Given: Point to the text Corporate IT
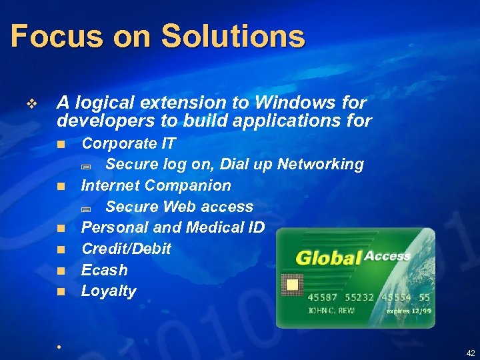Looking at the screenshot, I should tap(128, 143).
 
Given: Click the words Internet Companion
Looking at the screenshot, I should tap(156, 185).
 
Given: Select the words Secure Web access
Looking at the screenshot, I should tap(179, 207).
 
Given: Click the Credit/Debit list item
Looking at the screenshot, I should tap(126, 249).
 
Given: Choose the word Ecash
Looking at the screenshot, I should tap(104, 270).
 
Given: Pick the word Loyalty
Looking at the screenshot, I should tap(109, 291).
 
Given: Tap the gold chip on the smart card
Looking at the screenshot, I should tap(291, 286).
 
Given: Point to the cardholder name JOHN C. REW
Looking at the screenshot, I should tap(331, 311).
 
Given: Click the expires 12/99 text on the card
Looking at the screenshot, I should tap(408, 311).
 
